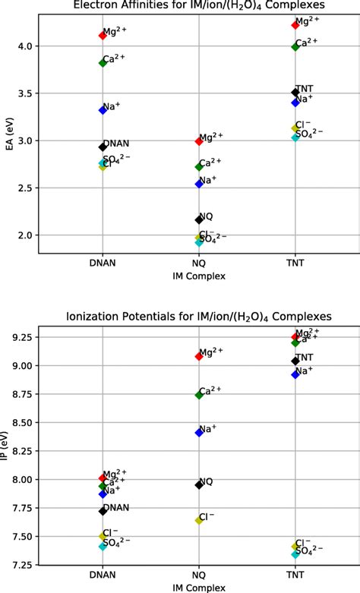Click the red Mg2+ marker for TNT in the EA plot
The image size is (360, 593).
pyautogui.click(x=295, y=25)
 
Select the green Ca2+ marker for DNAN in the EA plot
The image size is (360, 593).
pyautogui.click(x=103, y=62)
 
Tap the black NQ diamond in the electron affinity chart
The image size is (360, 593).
pyautogui.click(x=199, y=219)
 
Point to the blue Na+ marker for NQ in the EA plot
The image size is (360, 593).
pyautogui.click(x=199, y=184)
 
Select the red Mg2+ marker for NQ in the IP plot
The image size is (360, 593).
pyautogui.click(x=199, y=356)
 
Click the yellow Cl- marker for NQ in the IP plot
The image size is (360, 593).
pyautogui.click(x=199, y=520)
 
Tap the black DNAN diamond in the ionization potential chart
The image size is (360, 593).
pyautogui.click(x=103, y=511)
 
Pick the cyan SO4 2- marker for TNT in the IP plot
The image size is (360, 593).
pyautogui.click(x=295, y=554)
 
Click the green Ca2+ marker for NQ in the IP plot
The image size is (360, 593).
pyautogui.click(x=199, y=395)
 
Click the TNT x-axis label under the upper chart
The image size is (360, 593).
pyautogui.click(x=295, y=265)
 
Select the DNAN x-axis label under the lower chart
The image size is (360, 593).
pyautogui.click(x=103, y=577)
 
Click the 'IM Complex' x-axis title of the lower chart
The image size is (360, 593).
pyautogui.click(x=199, y=588)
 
